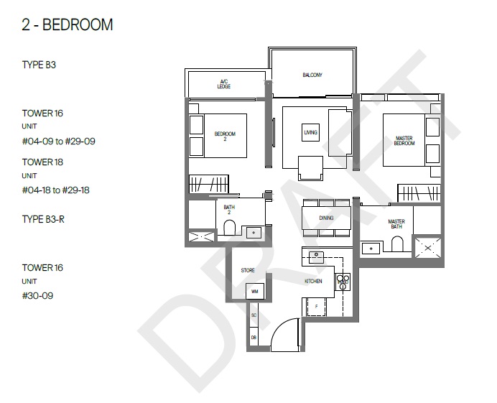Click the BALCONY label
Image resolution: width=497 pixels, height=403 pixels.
(312, 75)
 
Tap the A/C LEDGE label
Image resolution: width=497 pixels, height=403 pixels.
(224, 84)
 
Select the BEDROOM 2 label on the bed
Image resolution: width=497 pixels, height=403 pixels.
(225, 136)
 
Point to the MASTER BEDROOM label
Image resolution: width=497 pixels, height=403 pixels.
(404, 141)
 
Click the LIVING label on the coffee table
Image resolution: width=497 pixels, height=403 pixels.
(310, 132)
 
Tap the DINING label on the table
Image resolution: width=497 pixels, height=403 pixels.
(326, 218)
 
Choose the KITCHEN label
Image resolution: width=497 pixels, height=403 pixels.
(313, 281)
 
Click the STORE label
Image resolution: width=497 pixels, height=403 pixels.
(248, 270)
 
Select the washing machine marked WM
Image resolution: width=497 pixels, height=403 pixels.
(255, 291)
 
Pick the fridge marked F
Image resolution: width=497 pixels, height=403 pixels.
(316, 307)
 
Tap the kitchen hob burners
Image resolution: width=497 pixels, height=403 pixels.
(343, 282)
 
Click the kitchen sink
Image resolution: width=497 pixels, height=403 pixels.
(316, 257)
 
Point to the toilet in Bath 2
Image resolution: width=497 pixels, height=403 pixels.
(230, 228)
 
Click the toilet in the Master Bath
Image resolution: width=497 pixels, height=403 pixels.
(397, 244)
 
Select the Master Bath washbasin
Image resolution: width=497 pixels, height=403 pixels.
(371, 249)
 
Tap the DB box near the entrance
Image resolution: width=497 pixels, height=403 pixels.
(254, 337)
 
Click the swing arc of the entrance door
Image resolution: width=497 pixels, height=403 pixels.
(281, 328)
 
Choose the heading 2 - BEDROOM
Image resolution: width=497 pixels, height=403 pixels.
(68, 24)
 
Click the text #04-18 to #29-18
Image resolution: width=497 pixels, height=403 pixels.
(56, 190)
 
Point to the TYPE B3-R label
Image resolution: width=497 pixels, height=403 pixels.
(43, 219)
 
